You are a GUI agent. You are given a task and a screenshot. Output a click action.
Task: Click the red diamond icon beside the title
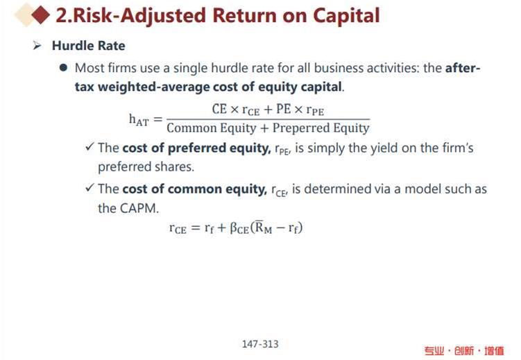click(x=40, y=15)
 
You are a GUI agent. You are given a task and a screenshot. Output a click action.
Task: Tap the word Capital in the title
click(x=346, y=16)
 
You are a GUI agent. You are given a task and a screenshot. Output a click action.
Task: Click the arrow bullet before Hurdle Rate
click(x=37, y=45)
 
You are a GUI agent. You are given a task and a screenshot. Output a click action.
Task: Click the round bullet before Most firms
click(x=63, y=68)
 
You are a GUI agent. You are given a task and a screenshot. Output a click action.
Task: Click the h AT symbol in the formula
click(x=139, y=119)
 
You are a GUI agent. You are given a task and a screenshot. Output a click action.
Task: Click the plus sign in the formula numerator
click(x=268, y=110)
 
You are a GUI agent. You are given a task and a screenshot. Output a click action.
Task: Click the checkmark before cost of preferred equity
click(x=89, y=146)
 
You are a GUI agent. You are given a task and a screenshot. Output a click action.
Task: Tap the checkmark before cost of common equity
click(x=89, y=188)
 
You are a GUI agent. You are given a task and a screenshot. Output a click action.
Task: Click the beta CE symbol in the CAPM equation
click(x=239, y=228)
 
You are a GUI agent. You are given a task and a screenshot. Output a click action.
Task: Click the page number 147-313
click(x=260, y=344)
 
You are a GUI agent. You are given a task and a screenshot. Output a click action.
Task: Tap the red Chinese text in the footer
click(x=464, y=351)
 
